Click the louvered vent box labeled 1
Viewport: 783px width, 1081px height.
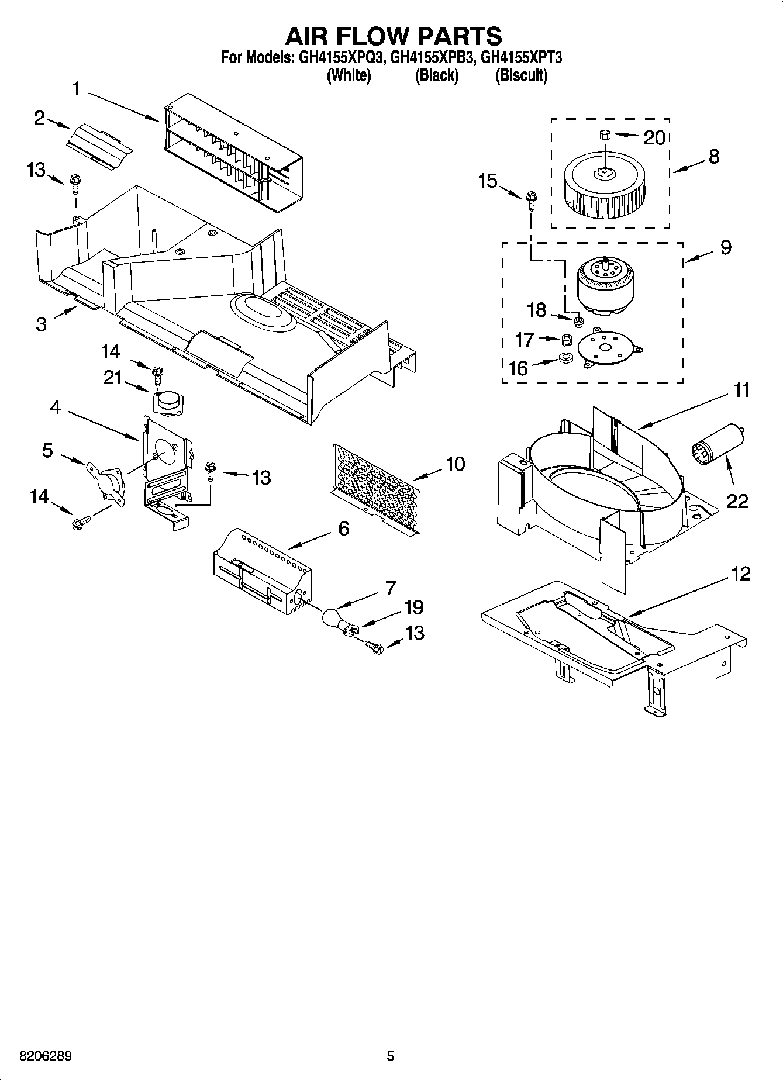click(x=233, y=154)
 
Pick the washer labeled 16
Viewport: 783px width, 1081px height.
click(x=565, y=358)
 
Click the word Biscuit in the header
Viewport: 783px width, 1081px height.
click(x=521, y=75)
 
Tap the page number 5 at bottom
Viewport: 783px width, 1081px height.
click(x=391, y=1056)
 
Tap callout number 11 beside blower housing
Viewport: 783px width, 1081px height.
click(x=741, y=391)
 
